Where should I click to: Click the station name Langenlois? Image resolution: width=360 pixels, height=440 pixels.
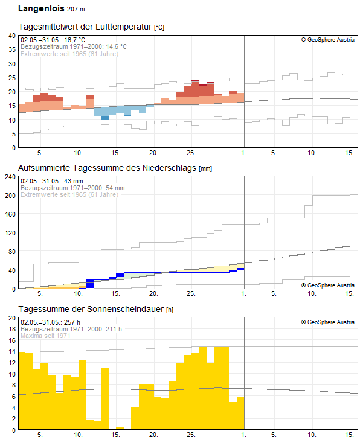coord(41,8)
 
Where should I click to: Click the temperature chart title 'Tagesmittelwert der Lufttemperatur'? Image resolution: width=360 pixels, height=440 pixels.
coord(85,27)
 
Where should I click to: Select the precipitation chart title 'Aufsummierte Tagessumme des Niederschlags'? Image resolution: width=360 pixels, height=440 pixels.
coord(107,168)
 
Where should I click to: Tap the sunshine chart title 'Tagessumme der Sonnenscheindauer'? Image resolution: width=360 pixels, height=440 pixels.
coord(91,309)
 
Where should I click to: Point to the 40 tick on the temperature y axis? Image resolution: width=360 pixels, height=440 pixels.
coord(12,36)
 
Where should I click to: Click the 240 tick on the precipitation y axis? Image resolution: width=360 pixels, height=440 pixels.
coord(10,177)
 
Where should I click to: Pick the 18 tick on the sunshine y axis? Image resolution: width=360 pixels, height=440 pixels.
coord(12,329)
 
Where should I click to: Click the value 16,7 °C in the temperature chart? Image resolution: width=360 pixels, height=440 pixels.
coord(74,40)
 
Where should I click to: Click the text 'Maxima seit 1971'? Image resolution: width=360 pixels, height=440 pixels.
coord(45,336)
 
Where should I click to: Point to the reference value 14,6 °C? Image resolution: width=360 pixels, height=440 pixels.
coord(116,46)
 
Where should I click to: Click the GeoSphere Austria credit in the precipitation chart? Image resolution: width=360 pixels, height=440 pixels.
coord(328,285)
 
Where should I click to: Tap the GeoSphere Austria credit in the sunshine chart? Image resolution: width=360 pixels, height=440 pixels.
coord(328,322)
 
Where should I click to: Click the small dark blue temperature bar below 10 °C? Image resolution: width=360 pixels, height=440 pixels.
coord(104,118)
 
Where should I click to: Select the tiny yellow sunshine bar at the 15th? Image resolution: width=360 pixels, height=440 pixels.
coord(120,428)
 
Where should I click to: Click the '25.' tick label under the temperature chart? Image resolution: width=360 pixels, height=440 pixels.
coord(191,153)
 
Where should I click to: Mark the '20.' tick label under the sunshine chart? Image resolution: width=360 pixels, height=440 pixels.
coord(153,435)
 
